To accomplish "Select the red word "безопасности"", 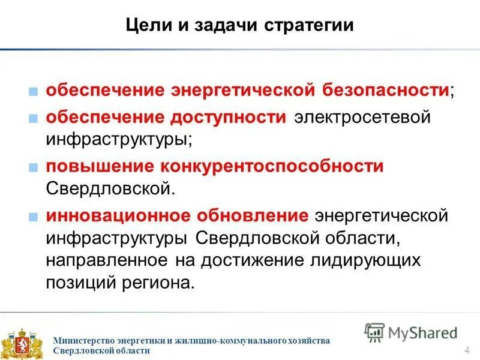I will point(388,91).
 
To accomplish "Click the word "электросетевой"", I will point(362,116).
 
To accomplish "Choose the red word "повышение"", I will point(98,166).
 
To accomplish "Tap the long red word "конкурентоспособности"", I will point(271,166).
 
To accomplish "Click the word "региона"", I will point(165,283).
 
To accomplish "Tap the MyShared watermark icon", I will point(374,332).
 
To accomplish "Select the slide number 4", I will point(466,350).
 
